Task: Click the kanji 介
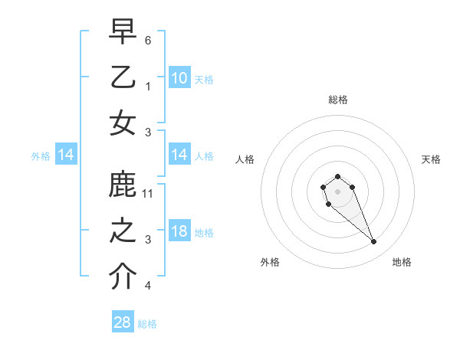123,277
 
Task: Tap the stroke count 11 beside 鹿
149,193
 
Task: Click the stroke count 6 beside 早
148,39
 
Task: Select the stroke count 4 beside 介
148,286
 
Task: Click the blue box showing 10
179,78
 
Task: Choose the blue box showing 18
179,232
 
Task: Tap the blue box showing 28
123,322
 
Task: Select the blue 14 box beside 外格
66,155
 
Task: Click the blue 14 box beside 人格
179,155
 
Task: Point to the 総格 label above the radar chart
337,100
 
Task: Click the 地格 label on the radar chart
402,262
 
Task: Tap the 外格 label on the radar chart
270,262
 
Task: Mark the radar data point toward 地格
373,242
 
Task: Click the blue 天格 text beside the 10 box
204,79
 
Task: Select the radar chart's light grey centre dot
337,190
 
